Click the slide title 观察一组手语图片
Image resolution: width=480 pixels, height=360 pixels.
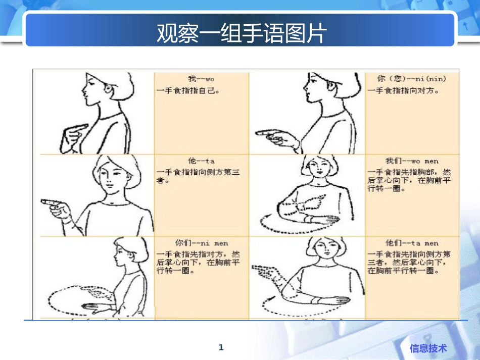tap(242, 33)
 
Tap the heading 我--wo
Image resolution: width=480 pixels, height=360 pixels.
tap(201, 79)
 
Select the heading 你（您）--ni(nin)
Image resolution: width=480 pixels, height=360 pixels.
tap(411, 79)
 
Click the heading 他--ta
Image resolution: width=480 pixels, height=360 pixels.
tap(201, 161)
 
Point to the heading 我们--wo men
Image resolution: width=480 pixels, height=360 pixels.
tap(412, 161)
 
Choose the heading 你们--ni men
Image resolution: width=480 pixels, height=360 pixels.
tap(202, 243)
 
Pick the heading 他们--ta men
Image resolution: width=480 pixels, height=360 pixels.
tap(412, 243)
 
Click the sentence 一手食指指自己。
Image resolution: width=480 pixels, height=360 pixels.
tap(187, 90)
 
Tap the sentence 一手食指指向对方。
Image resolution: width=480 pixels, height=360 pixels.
tap(403, 90)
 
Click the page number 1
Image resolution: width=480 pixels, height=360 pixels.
tap(221, 347)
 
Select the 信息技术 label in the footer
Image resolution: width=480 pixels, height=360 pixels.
tap(428, 348)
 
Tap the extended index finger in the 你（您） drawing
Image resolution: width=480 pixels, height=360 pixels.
tap(266, 133)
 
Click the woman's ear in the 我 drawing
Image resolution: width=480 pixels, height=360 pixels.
tap(108, 88)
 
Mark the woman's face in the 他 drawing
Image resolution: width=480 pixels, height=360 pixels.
tap(110, 175)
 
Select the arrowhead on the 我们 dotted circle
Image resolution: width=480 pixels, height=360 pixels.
tap(268, 216)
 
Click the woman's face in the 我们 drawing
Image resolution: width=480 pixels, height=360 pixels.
tap(319, 168)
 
